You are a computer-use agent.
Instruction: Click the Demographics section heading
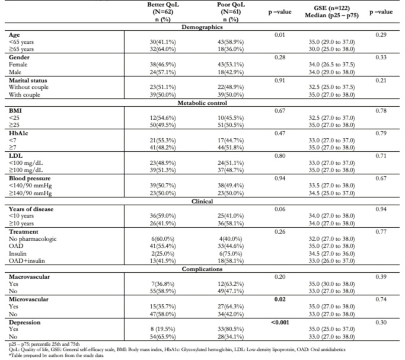[202, 27]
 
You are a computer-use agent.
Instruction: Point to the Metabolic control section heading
[202, 103]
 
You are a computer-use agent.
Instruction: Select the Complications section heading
[202, 269]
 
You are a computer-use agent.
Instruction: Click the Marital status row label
[28, 80]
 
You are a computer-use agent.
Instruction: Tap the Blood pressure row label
[30, 179]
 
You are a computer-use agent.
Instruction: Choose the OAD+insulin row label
[27, 261]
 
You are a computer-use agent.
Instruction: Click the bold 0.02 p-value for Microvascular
[280, 300]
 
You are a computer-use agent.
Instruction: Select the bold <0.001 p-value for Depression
[280, 323]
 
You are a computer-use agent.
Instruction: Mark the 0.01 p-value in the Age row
[280, 35]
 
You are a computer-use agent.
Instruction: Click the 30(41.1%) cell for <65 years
[162, 42]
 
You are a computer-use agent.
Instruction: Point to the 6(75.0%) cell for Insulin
[231, 254]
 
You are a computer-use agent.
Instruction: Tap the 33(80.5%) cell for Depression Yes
[231, 329]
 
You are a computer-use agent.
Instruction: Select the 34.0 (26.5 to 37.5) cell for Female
[331, 65]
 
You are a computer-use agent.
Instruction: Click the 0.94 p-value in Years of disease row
[381, 209]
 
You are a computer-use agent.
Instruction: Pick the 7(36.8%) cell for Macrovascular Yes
[162, 284]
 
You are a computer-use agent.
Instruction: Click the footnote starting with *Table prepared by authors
[56, 356]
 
